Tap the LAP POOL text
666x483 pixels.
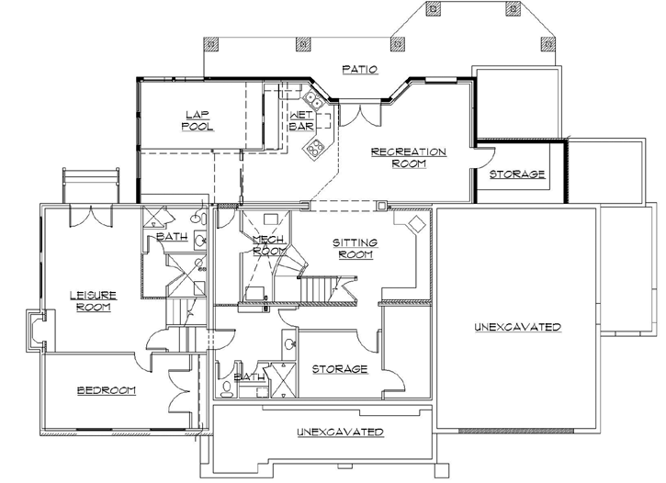(x=197, y=120)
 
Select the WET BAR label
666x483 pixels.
(x=302, y=122)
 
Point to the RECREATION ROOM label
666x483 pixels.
(x=408, y=157)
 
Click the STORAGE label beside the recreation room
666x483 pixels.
(x=517, y=174)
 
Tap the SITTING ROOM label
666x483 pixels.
(x=355, y=248)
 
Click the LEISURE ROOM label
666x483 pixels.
(x=92, y=301)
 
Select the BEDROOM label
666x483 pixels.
(x=106, y=390)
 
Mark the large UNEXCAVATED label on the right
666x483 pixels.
(x=517, y=328)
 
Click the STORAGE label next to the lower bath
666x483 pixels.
(x=339, y=369)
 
